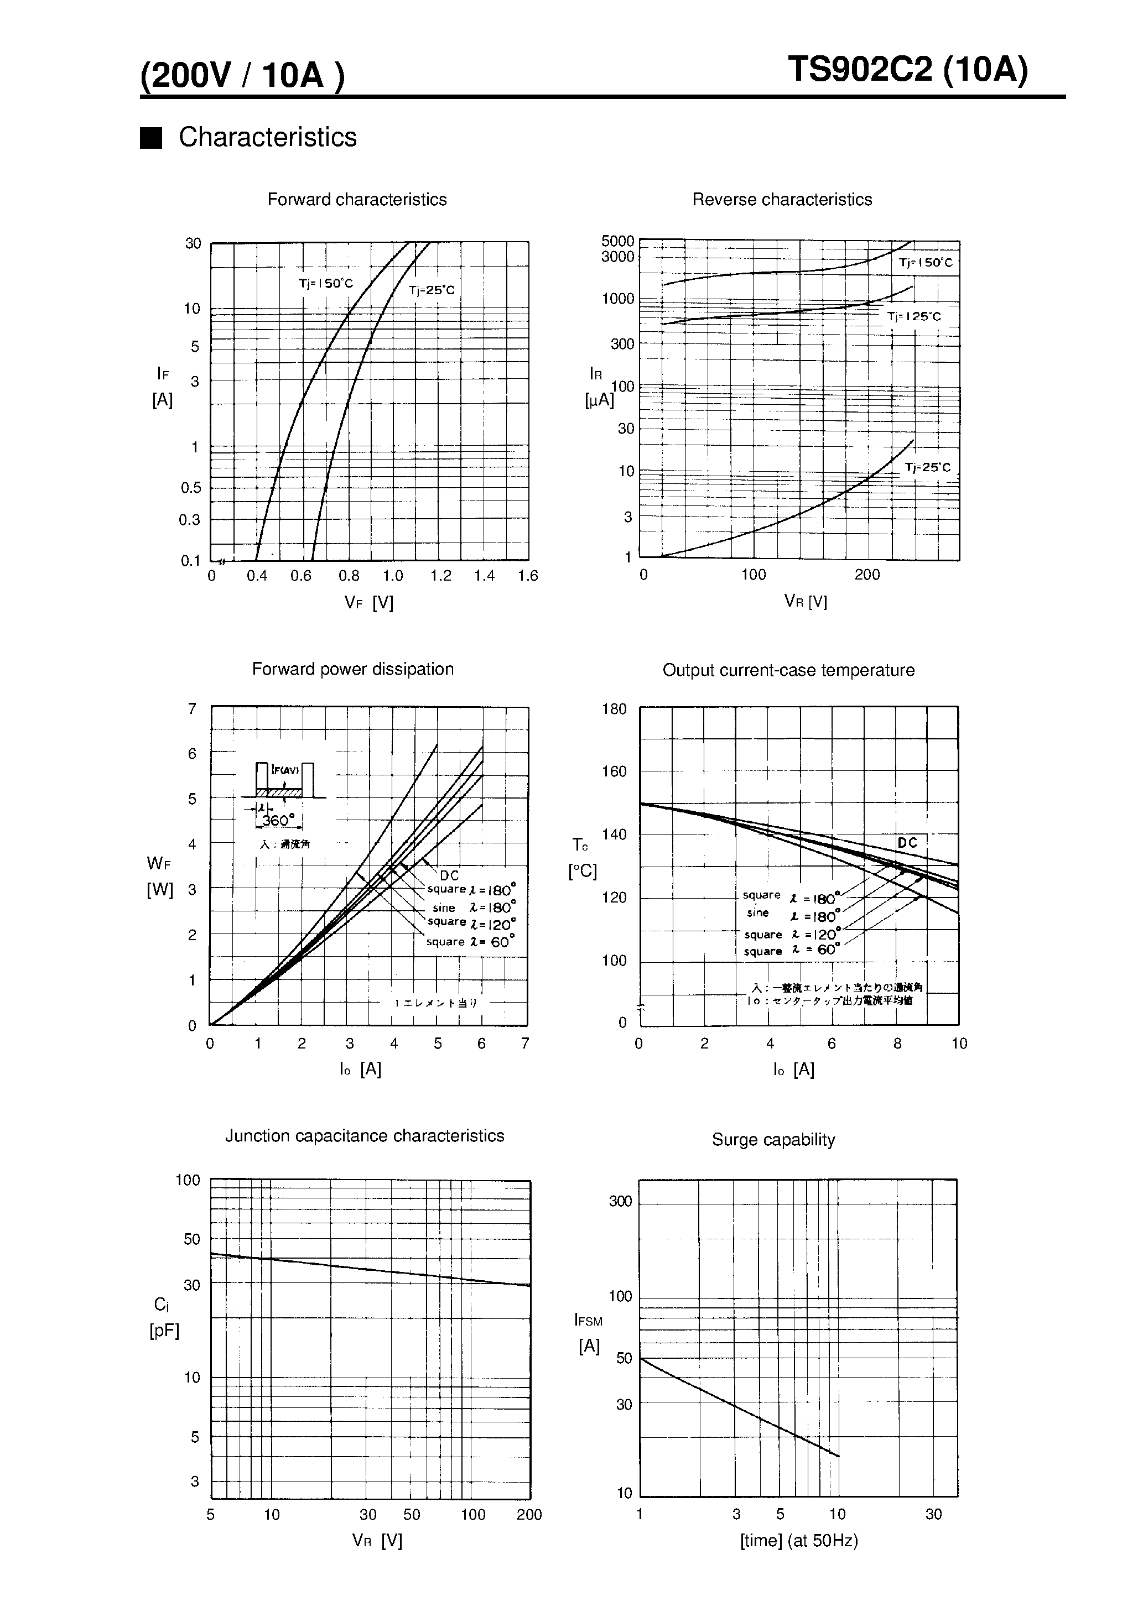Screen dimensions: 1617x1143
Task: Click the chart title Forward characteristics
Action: [357, 200]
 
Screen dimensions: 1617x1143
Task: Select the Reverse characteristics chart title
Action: [782, 200]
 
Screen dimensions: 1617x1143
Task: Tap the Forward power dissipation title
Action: [352, 669]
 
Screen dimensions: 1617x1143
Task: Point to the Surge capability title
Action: [773, 1140]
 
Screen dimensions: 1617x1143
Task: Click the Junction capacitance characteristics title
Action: [365, 1136]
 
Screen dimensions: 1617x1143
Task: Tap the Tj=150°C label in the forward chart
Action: [325, 284]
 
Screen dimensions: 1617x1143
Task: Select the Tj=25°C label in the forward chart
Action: [432, 290]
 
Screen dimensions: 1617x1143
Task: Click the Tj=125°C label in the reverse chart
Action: [913, 317]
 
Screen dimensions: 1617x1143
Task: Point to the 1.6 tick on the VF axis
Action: [527, 576]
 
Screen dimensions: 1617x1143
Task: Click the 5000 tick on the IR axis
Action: [617, 241]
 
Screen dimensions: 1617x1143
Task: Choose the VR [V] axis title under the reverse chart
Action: [805, 602]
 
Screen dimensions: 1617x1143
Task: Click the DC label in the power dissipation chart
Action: [449, 875]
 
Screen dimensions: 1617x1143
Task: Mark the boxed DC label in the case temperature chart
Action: [908, 843]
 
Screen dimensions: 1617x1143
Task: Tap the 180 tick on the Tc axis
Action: [614, 709]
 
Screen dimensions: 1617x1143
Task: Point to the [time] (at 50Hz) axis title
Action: [798, 1541]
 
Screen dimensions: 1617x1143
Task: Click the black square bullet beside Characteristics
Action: [151, 138]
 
